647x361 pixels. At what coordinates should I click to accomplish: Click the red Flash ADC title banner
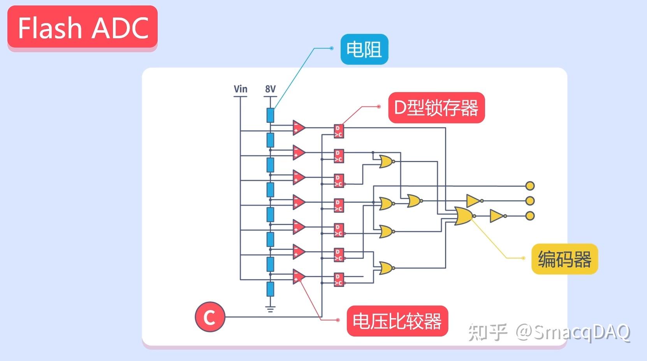click(83, 28)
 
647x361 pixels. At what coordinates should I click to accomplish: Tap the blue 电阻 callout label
click(364, 50)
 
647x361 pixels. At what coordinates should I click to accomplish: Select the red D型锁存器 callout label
click(436, 108)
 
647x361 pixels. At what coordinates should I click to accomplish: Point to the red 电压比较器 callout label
click(397, 321)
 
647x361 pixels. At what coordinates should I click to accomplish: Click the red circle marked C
click(210, 317)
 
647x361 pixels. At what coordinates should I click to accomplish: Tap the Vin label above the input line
click(240, 89)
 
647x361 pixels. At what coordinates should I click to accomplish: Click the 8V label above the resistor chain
click(270, 89)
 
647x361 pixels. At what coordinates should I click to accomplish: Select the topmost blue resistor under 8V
click(270, 115)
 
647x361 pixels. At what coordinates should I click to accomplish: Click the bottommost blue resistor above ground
click(270, 289)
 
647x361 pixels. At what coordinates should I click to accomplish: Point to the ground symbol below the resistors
click(270, 309)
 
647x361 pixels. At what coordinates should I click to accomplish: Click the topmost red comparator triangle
click(299, 127)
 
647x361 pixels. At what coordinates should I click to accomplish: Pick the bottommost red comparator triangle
click(299, 276)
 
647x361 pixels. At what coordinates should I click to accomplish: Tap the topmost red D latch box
click(339, 131)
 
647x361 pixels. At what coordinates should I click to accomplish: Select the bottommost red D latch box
click(339, 280)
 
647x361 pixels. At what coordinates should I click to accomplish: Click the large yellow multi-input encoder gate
click(463, 216)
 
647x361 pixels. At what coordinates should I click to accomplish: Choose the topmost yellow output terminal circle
click(530, 186)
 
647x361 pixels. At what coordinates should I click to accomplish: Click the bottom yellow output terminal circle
click(530, 216)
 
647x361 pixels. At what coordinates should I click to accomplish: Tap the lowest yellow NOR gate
click(385, 268)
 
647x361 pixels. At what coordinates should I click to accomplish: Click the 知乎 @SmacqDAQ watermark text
click(549, 333)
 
